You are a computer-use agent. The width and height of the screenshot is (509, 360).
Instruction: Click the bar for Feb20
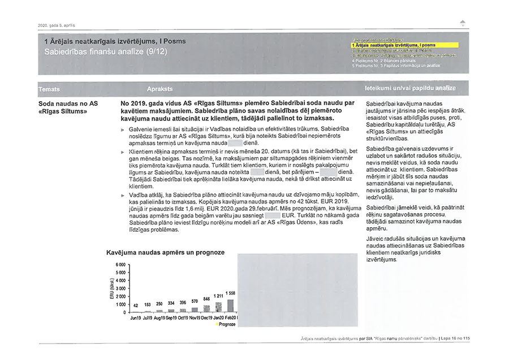click(x=230, y=305)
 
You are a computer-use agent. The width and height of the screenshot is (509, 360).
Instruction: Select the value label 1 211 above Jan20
click(x=218, y=296)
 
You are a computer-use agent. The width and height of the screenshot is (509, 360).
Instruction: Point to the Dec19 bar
click(x=206, y=309)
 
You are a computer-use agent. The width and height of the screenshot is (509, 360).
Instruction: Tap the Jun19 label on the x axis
click(x=136, y=318)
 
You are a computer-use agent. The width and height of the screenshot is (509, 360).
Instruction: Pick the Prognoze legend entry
click(x=225, y=324)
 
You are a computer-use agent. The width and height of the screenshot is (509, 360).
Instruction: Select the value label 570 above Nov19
click(x=195, y=301)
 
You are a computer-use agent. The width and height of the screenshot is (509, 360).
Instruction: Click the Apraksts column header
click(x=159, y=90)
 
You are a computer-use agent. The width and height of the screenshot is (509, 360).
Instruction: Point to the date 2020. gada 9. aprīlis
click(x=52, y=25)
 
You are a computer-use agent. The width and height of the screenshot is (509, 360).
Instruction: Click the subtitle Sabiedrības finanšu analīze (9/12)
click(x=106, y=51)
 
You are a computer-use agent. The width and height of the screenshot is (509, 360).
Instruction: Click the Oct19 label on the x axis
click(x=183, y=318)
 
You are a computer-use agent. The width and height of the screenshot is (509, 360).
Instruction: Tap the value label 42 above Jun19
click(x=136, y=305)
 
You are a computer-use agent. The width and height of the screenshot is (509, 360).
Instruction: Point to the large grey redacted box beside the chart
click(x=298, y=290)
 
